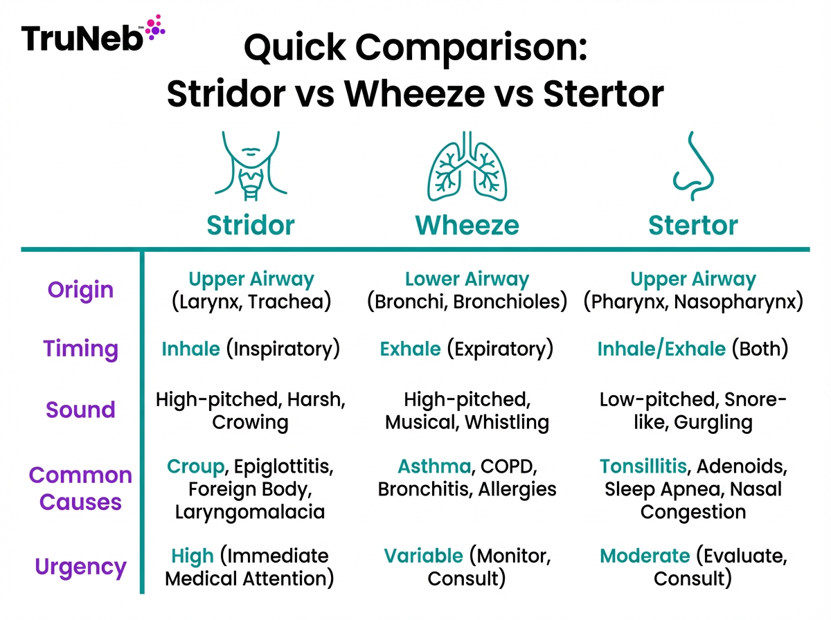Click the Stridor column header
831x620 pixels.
tap(251, 225)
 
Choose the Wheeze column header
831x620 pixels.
tap(467, 225)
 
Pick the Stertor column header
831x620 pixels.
tap(692, 225)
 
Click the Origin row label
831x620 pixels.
tap(80, 289)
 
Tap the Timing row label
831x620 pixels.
tap(80, 349)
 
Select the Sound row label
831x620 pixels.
tap(80, 409)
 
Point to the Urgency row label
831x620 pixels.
tap(80, 568)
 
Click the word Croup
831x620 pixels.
tap(195, 466)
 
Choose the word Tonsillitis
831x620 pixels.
tap(643, 466)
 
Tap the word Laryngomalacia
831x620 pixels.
tap(250, 512)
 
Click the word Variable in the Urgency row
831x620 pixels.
tap(422, 556)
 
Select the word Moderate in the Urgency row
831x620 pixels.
tap(645, 556)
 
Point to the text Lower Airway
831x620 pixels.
tap(467, 280)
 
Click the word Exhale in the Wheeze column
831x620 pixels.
tap(410, 349)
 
